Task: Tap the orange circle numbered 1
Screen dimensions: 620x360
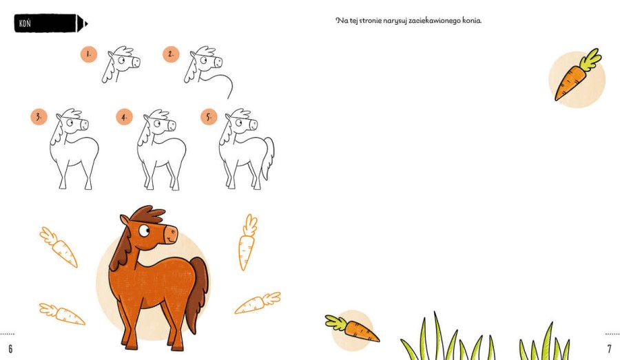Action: pos(89,54)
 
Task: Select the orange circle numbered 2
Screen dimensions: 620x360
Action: pos(171,54)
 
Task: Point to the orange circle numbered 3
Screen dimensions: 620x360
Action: pos(39,117)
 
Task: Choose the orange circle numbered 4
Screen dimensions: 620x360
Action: pos(124,117)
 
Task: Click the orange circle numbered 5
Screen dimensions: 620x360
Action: pos(209,117)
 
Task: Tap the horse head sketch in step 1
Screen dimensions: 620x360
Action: pos(121,63)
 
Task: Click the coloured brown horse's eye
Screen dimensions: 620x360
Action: pos(144,231)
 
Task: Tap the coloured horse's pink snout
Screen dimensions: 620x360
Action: pos(170,234)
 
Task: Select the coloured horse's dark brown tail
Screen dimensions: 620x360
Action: pos(198,293)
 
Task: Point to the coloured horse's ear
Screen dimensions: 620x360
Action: pos(124,220)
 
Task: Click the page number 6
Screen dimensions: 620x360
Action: pos(10,348)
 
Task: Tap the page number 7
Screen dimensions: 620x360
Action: pos(610,348)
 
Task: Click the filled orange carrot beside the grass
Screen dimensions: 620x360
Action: pos(352,328)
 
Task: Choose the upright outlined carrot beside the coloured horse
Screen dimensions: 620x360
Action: pos(247,242)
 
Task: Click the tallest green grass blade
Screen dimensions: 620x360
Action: pos(440,336)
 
